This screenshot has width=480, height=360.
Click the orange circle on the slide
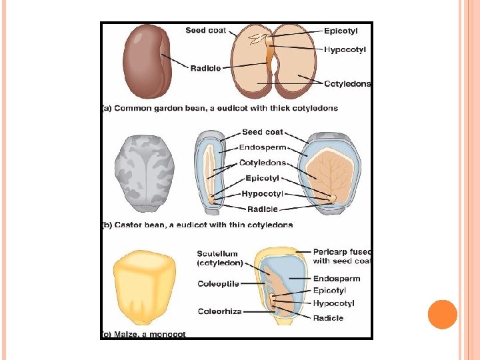coord(443,314)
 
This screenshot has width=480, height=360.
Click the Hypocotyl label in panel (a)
coord(345,49)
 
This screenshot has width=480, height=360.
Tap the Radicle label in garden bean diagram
coord(206,68)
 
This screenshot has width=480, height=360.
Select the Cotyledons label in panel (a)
coord(347,84)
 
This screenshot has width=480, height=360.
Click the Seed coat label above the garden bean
coord(205,31)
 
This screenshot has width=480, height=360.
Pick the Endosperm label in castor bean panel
coord(262,147)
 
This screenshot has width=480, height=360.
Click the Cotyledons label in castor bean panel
coord(263,163)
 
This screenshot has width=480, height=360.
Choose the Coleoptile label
coord(218,284)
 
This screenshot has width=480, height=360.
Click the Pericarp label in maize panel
coord(342,257)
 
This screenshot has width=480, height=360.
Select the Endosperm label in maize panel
coord(337,279)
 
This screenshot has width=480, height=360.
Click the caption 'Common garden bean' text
coord(220,108)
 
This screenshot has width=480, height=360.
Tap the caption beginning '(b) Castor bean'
coord(197,225)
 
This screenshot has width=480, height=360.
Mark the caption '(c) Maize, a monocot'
coord(144,334)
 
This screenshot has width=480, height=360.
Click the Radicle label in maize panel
coord(329,318)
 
